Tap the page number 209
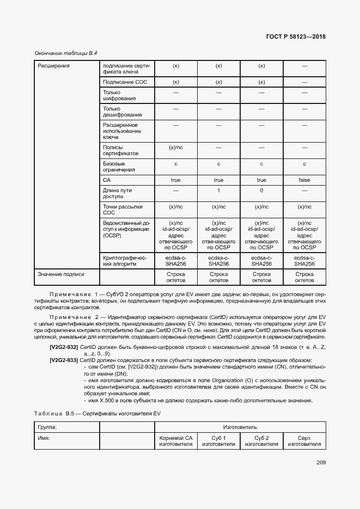(x=320, y=463)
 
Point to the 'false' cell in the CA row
(x=304, y=180)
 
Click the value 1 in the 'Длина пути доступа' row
(x=218, y=191)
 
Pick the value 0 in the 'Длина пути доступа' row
(x=261, y=191)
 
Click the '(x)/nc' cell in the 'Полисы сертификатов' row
(x=176, y=147)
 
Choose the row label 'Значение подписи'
(x=61, y=274)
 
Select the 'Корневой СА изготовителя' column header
(x=176, y=441)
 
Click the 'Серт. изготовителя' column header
(x=304, y=441)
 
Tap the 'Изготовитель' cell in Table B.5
(x=240, y=427)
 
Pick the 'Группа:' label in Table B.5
(x=47, y=427)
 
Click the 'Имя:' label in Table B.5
(x=44, y=438)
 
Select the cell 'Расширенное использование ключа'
(x=120, y=131)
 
